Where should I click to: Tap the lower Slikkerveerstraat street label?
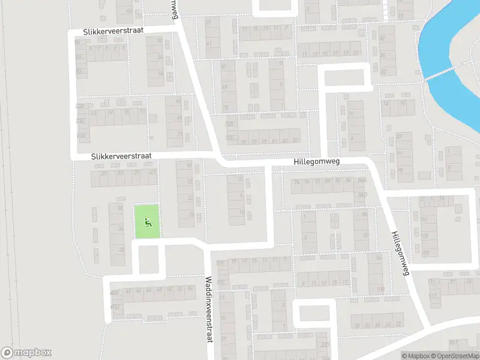(122, 156)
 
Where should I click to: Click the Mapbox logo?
(26, 353)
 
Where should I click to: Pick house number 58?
(160, 74)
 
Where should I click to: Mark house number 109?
(425, 253)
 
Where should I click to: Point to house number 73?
(226, 108)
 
